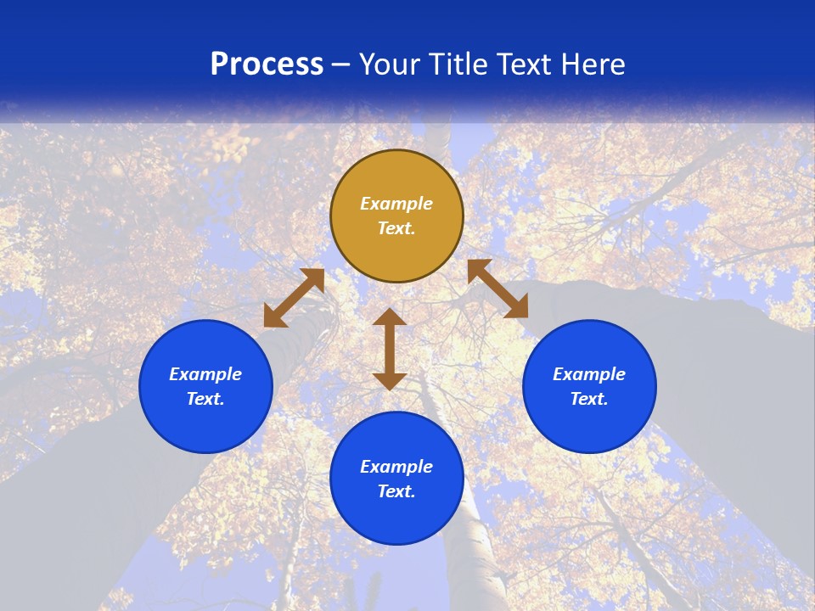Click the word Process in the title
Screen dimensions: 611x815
coord(267,64)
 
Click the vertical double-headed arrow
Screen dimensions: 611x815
coord(390,349)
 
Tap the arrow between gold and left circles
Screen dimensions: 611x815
coord(294,298)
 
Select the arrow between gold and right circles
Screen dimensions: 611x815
coord(497,289)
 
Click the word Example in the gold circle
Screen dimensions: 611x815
coord(396,204)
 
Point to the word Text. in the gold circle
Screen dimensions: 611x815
coord(396,228)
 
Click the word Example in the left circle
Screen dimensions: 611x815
coord(205,374)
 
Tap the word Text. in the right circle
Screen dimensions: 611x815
coord(589,399)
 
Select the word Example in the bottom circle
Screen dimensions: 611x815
coord(396,467)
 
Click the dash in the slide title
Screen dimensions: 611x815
coord(341,64)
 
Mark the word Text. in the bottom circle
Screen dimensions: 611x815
coord(396,491)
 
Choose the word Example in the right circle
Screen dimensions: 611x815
coord(589,374)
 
